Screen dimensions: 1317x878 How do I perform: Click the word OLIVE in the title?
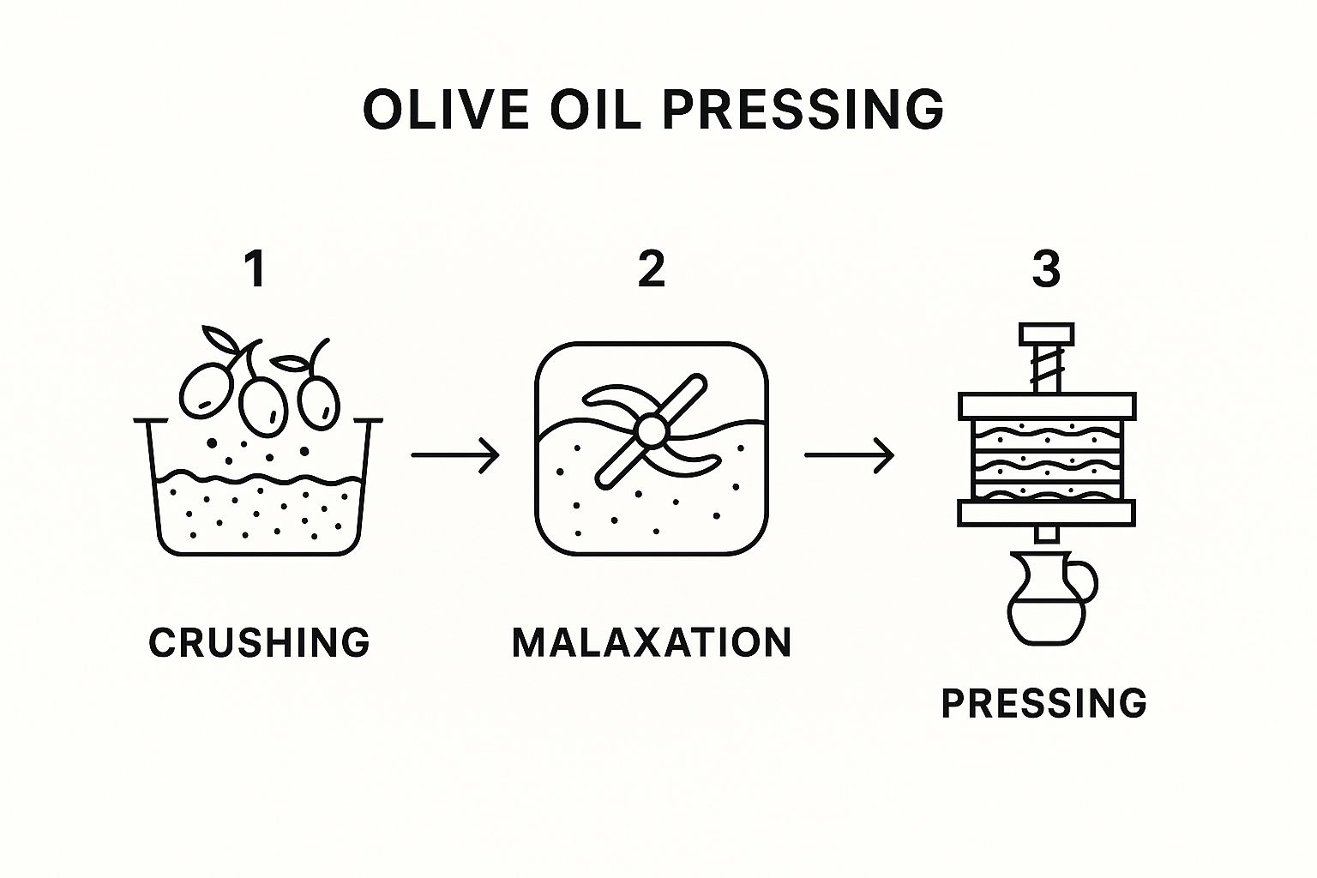pyautogui.click(x=446, y=110)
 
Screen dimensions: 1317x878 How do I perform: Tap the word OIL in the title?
pyautogui.click(x=595, y=110)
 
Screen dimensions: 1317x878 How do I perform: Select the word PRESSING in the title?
pyautogui.click(x=803, y=110)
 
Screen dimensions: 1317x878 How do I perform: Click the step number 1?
pyautogui.click(x=256, y=268)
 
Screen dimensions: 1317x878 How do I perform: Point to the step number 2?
pyautogui.click(x=652, y=268)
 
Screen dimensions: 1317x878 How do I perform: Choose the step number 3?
pyautogui.click(x=1046, y=268)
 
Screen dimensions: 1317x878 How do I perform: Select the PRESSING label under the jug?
pyautogui.click(x=1044, y=703)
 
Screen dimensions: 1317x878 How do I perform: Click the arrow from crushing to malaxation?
pyautogui.click(x=455, y=454)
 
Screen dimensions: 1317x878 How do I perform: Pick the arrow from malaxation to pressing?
pyautogui.click(x=850, y=454)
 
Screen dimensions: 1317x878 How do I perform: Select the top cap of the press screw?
pyautogui.click(x=1047, y=334)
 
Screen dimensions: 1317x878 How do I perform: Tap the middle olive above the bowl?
pyautogui.click(x=263, y=406)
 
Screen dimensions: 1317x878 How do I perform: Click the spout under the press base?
pyautogui.click(x=1047, y=534)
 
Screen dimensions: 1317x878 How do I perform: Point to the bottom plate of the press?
pyautogui.click(x=1047, y=513)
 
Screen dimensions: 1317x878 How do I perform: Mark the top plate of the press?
pyautogui.click(x=1047, y=406)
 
